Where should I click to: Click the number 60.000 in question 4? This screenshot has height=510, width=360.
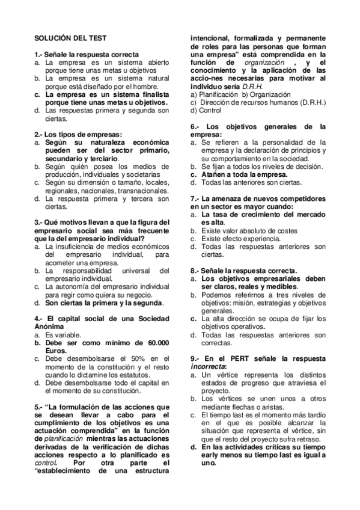[155, 342]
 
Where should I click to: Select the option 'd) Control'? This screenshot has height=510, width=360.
[206, 111]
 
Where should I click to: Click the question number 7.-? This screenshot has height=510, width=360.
[195, 198]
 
